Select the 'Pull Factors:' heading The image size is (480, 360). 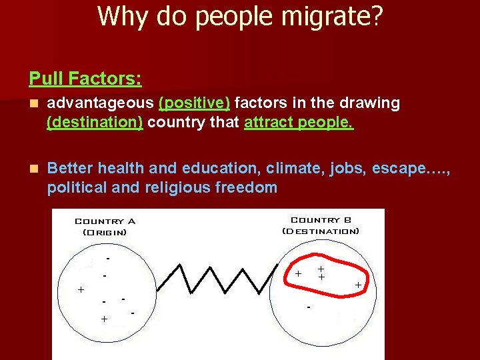tap(85, 79)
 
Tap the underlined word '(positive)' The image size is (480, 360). tap(194, 103)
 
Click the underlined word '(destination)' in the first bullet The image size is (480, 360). tap(95, 123)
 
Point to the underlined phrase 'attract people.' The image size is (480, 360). tap(299, 123)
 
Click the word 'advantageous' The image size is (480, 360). tap(101, 103)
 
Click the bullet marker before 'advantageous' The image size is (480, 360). tap(33, 104)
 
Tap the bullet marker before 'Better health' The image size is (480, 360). tap(33, 168)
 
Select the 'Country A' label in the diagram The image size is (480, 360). tap(105, 221)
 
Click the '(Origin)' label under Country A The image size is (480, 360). tap(105, 233)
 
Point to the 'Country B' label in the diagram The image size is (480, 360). tap(321, 220)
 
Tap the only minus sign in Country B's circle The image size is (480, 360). tap(308, 307)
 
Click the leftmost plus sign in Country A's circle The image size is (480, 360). tap(81, 290)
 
